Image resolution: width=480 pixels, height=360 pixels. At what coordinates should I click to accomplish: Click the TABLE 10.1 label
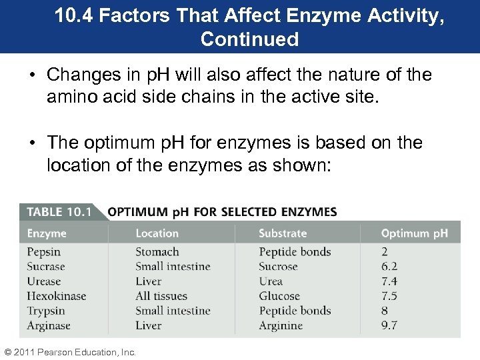(59, 212)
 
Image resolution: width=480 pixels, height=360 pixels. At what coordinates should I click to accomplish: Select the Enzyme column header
(47, 233)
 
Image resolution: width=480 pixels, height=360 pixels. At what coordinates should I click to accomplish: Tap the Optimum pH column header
(414, 233)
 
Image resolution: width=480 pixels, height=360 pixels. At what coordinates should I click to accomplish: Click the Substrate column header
(283, 233)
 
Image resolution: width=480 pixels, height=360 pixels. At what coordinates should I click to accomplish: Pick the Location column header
(157, 233)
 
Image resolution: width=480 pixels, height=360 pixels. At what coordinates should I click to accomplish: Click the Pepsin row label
(43, 252)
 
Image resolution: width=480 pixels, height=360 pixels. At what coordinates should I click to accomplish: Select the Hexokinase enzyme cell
(57, 296)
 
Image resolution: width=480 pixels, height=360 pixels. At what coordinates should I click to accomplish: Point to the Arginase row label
(48, 325)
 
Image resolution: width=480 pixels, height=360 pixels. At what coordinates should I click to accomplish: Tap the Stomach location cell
(157, 252)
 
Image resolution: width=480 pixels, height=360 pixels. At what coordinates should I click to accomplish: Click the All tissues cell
(161, 296)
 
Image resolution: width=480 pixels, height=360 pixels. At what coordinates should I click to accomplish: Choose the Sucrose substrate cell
(278, 267)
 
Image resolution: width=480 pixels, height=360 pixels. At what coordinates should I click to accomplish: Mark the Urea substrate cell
(271, 281)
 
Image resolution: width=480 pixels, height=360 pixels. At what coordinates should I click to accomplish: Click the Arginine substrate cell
(281, 325)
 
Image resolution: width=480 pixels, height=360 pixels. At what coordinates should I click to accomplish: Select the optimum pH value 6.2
(389, 267)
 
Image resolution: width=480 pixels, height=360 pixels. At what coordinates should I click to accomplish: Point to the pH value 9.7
(389, 325)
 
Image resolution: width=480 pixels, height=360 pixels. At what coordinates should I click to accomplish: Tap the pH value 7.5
(389, 296)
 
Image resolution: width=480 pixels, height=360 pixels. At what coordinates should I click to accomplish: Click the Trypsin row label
(46, 311)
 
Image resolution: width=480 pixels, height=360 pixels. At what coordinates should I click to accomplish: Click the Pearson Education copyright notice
(69, 352)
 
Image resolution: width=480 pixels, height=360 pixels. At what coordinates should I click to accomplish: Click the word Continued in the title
(249, 39)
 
